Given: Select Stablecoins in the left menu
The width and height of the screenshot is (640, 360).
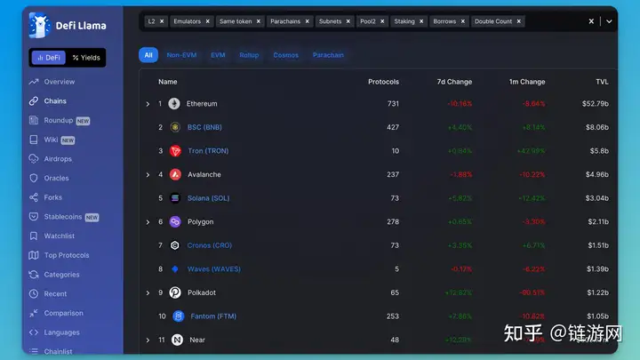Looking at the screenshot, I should (63, 216).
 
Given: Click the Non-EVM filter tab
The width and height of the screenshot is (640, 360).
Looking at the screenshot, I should (181, 55).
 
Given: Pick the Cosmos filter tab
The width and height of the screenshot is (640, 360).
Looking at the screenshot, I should (286, 55).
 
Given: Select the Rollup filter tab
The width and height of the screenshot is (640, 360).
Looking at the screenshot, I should (249, 55).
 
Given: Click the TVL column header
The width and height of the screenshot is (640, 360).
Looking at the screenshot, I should (602, 82).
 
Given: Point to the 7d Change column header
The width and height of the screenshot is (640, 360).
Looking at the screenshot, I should (454, 82).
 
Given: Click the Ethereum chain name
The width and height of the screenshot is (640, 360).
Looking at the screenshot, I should (202, 104).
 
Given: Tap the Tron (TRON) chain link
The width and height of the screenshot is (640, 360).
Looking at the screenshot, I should (208, 151).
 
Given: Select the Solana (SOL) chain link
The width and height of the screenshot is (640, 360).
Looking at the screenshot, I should (209, 198).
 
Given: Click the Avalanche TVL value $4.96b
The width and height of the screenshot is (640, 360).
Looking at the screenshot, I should (596, 174).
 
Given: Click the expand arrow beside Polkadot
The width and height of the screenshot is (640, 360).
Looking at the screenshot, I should (148, 292).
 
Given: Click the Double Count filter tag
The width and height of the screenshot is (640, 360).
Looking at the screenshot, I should (493, 20).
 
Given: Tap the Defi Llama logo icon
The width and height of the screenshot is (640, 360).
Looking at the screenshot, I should (39, 25).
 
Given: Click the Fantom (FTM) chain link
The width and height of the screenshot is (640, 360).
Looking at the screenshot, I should (212, 316).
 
